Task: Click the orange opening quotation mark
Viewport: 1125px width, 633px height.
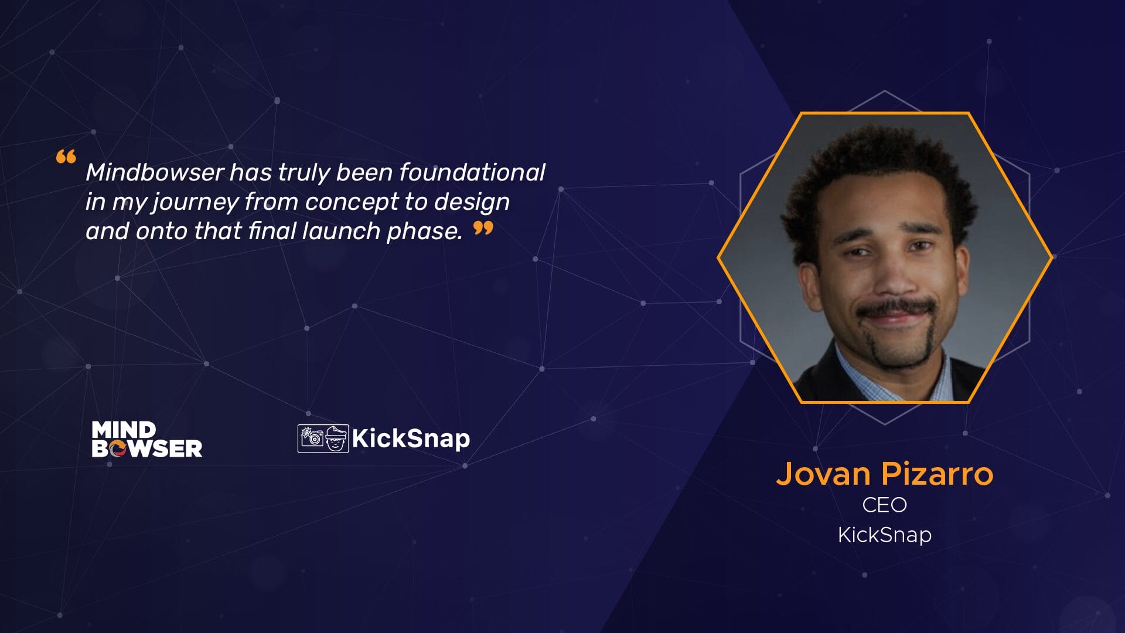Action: pyautogui.click(x=66, y=157)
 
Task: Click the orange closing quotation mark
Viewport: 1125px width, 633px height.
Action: pyautogui.click(x=483, y=228)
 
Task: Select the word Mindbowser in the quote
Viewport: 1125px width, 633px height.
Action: pyautogui.click(x=155, y=172)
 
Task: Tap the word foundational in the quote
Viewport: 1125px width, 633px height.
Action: pyautogui.click(x=472, y=172)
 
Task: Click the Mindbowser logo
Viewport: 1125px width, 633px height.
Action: pyautogui.click(x=147, y=439)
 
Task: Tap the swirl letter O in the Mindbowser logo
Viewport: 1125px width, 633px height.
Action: pyautogui.click(x=117, y=449)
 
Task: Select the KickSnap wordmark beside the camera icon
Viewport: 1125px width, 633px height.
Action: pyautogui.click(x=411, y=438)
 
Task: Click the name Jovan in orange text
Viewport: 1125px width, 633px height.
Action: pyautogui.click(x=823, y=474)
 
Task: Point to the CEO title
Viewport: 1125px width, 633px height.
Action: pyautogui.click(x=885, y=505)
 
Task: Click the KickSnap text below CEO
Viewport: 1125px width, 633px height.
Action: pyautogui.click(x=885, y=535)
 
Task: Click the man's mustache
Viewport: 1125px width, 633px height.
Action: pyautogui.click(x=896, y=308)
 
